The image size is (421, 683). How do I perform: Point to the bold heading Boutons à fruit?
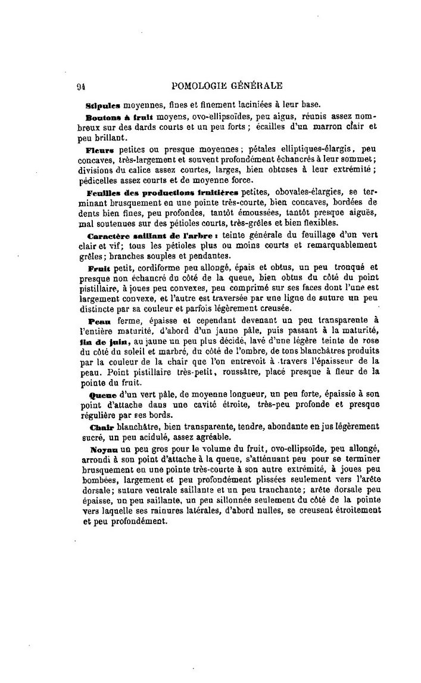click(116, 117)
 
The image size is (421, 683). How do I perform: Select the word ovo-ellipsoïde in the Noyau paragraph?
click(277, 449)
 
